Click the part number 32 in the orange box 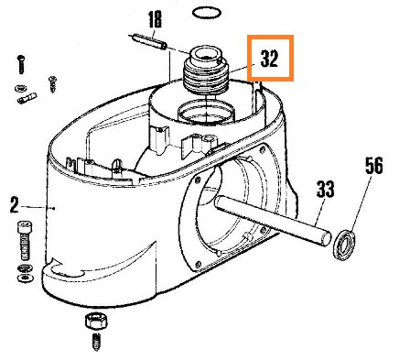click(x=269, y=59)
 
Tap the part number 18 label click(x=156, y=19)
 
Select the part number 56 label click(x=373, y=166)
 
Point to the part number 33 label click(x=326, y=189)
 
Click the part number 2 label click(x=15, y=205)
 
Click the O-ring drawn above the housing click(x=207, y=13)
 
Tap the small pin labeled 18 click(x=148, y=41)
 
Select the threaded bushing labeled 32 click(x=205, y=71)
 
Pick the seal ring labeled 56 click(x=344, y=245)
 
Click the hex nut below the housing click(x=96, y=321)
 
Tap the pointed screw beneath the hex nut click(x=96, y=342)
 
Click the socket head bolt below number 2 click(x=26, y=241)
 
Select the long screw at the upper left click(x=21, y=64)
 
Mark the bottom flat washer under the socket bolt click(x=26, y=278)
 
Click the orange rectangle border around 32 click(x=270, y=37)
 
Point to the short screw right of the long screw click(x=52, y=84)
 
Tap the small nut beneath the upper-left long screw click(x=20, y=89)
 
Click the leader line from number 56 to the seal click(x=361, y=205)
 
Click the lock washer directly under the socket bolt click(x=26, y=267)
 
